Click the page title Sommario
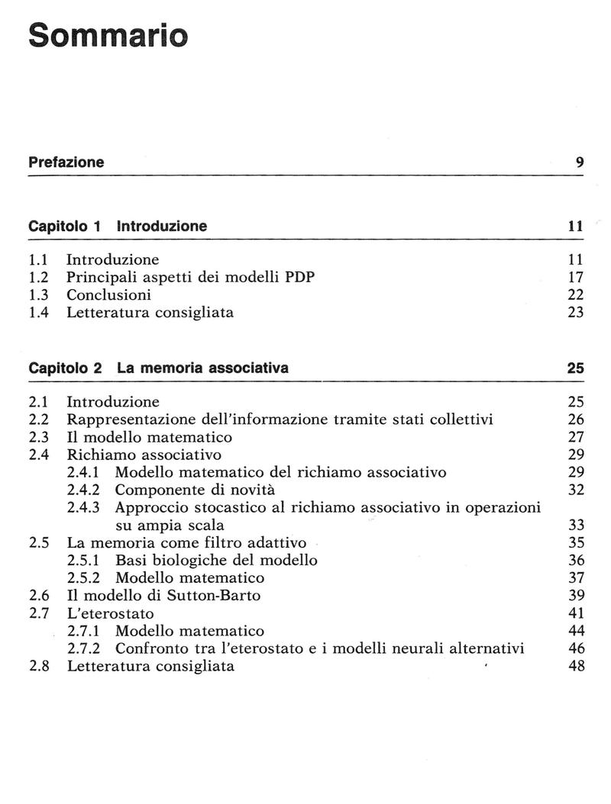[107, 36]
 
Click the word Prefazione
[66, 162]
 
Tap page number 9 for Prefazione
[580, 162]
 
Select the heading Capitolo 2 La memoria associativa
[158, 368]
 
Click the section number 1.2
[38, 277]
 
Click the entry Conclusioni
[108, 294]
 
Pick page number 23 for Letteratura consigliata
[576, 312]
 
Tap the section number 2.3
[39, 437]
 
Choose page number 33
[576, 525]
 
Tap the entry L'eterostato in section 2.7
[111, 613]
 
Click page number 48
[576, 666]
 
